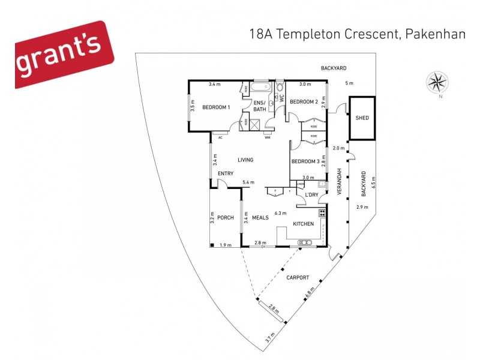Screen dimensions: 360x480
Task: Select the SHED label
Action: [x=362, y=118]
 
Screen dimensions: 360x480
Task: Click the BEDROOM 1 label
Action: [x=216, y=107]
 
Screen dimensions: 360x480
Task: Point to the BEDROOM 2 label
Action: [x=304, y=102]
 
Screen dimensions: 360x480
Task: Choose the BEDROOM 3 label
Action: [x=305, y=161]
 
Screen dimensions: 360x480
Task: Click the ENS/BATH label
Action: [x=260, y=106]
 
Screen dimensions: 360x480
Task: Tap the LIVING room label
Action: [x=245, y=160]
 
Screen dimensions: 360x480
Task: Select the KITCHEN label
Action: [x=303, y=224]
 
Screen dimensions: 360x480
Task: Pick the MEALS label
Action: [x=260, y=218]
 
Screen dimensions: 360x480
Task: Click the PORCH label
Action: [x=225, y=218]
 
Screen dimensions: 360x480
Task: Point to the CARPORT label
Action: [x=298, y=277]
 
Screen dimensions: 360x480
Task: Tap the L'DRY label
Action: [x=311, y=196]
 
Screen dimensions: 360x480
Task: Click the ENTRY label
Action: [x=225, y=174]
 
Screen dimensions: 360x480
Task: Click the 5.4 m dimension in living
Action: [x=248, y=182]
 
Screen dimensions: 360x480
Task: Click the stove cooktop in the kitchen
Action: [x=322, y=212]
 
